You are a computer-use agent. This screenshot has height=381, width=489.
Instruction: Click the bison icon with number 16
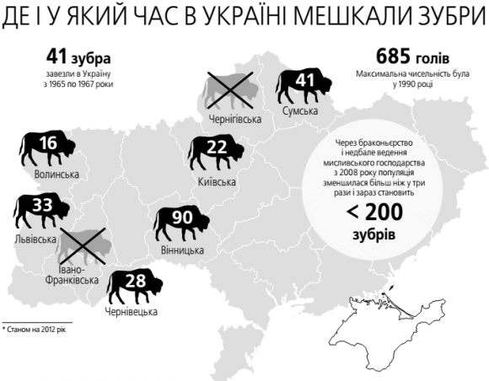47,148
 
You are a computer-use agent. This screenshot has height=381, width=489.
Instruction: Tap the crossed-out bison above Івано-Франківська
86,248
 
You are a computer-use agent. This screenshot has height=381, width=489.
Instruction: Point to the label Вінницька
181,251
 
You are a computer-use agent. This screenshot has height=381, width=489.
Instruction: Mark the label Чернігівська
235,120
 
